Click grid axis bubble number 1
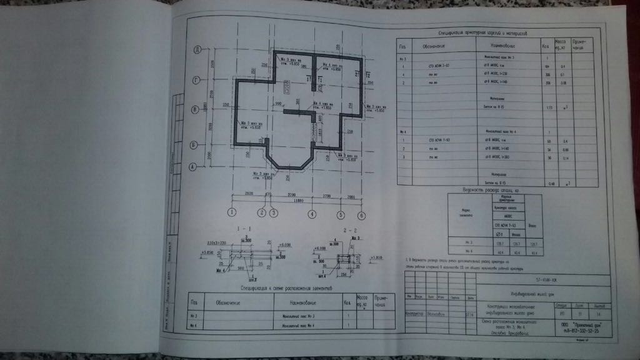tap(232, 213)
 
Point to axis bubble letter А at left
tap(194, 166)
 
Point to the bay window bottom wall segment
tap(289, 167)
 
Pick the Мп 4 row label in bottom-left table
tap(194, 326)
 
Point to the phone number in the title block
tap(576, 331)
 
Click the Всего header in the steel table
tap(532, 224)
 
